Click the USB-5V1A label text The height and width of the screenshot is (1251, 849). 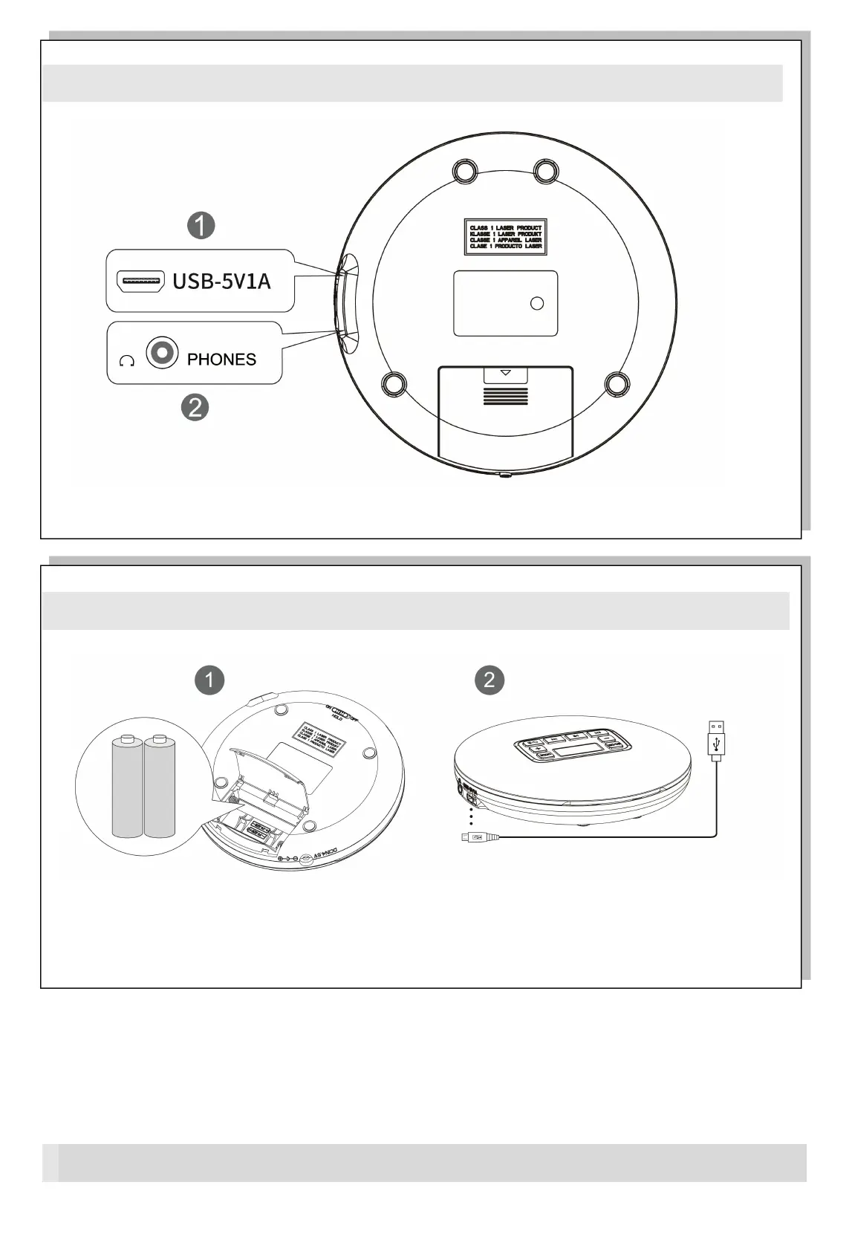coord(221,282)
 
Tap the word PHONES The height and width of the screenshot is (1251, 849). coord(221,360)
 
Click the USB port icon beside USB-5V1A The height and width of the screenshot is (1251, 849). coord(140,282)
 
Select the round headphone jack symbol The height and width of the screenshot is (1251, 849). coord(162,352)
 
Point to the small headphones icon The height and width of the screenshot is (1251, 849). coord(127,361)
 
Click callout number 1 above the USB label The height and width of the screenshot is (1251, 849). coord(201,225)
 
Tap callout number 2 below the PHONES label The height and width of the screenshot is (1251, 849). coord(195,407)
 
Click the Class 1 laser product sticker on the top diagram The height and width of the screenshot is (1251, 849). coord(505,237)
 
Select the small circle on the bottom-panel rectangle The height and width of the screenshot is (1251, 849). coord(537,303)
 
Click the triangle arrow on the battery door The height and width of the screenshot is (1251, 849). coord(506,373)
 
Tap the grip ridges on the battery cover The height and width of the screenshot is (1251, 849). coord(506,395)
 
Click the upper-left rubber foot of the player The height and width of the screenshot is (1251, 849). coord(466,171)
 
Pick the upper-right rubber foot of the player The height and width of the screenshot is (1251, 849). coord(546,171)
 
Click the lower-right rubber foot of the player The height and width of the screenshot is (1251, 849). coord(617,384)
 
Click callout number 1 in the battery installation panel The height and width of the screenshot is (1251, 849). coord(209,680)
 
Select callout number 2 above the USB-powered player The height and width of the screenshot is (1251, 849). coord(489,680)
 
